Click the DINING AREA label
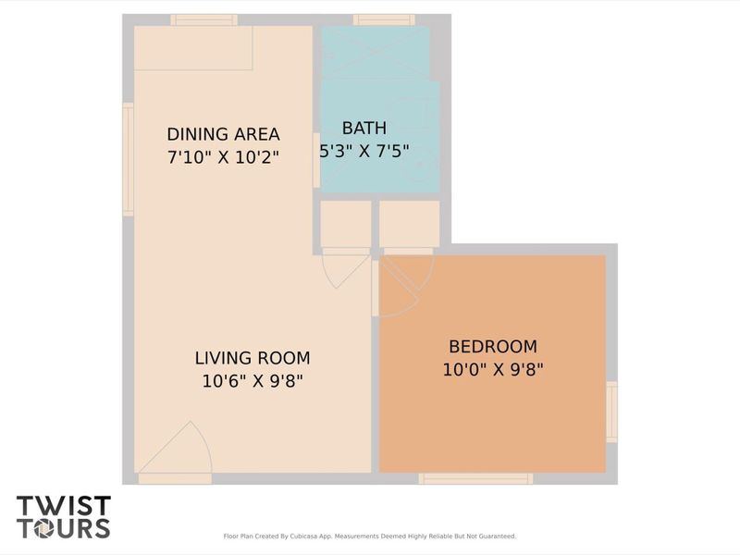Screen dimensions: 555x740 223,134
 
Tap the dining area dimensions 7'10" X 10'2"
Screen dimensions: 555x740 223,157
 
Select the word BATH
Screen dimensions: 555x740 364,128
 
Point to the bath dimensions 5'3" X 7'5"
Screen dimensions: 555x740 364,150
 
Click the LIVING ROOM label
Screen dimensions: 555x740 253,358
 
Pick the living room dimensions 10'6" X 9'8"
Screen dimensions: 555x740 253,380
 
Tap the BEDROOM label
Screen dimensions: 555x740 492,347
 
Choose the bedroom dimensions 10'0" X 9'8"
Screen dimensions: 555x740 492,369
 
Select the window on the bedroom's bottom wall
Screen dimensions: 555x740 475,478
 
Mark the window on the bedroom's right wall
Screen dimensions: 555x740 611,411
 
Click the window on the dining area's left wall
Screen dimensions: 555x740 129,159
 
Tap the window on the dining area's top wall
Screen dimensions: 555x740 203,20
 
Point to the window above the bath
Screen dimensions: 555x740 384,20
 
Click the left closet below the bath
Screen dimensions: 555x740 345,224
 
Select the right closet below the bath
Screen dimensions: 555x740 409,224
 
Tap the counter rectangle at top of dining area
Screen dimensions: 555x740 193,48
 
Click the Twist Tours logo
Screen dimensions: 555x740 63,517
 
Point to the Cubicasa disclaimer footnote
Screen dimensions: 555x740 370,536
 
